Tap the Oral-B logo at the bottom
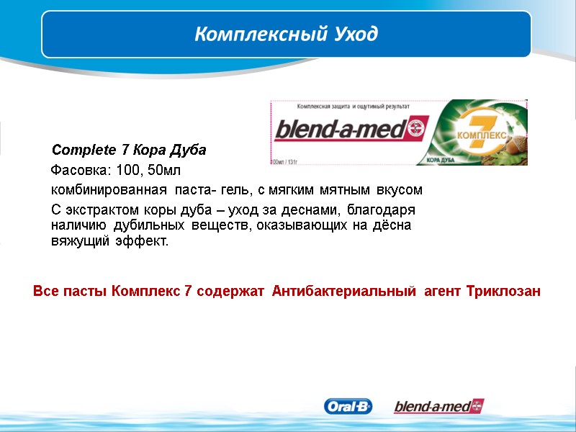pos(349,407)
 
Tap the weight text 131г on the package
pos(292,161)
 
